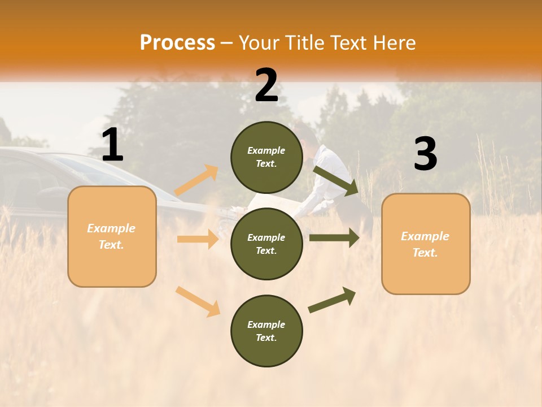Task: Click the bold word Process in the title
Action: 177,43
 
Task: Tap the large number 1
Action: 112,145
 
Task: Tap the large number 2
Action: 266,85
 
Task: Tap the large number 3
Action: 425,154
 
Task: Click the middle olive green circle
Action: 266,244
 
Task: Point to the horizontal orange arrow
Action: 198,239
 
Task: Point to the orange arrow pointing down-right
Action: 198,301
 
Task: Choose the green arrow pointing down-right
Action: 335,180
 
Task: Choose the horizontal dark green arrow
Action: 334,237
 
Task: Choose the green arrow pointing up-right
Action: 332,300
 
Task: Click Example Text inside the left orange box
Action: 111,236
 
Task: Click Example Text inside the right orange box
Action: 425,244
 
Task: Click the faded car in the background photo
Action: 34,187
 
